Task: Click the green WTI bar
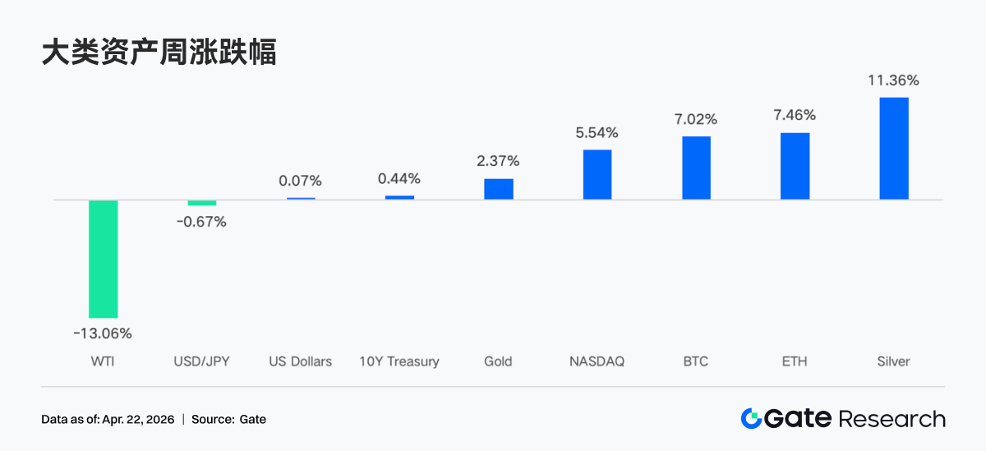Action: pos(104,259)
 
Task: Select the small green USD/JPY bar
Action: pos(202,203)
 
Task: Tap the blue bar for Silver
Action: pos(894,149)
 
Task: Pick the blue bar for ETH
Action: pos(795,166)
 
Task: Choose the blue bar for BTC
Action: pos(696,168)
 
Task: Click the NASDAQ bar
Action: pos(597,174)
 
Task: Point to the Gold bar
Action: pos(498,189)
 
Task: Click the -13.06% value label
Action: pos(103,334)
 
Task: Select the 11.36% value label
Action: pos(893,81)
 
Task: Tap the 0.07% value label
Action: pos(301,181)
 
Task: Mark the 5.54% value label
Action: pos(597,132)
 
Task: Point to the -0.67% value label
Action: pos(201,222)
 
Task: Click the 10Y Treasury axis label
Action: pos(399,361)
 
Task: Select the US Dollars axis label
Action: pos(301,361)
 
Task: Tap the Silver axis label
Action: pos(893,361)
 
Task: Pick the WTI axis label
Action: pos(104,361)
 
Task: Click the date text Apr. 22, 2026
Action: pos(138,420)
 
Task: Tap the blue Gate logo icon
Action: pos(750,419)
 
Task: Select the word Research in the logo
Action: pos(892,419)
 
